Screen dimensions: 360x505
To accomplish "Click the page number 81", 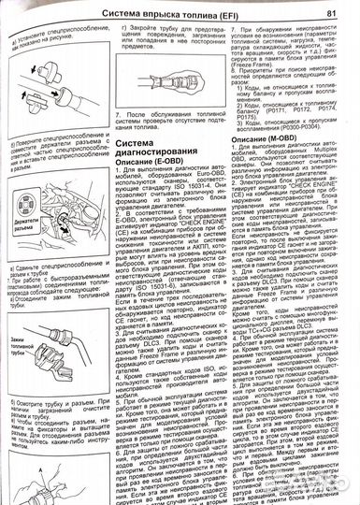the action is [333, 12].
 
